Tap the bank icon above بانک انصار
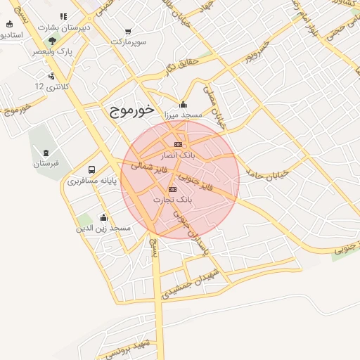pos(178,144)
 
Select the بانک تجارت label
pos(172,200)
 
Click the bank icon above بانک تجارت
pos(173,190)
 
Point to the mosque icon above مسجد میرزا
pos(183,105)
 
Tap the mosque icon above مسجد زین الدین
pos(104,217)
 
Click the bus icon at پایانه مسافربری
pos(92,170)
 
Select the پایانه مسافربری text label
pos(91,181)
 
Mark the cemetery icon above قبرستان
pos(46,153)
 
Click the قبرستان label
pos(46,163)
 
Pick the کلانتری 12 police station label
pos(49,86)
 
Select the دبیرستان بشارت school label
pos(65,27)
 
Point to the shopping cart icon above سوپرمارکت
pos(128,31)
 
